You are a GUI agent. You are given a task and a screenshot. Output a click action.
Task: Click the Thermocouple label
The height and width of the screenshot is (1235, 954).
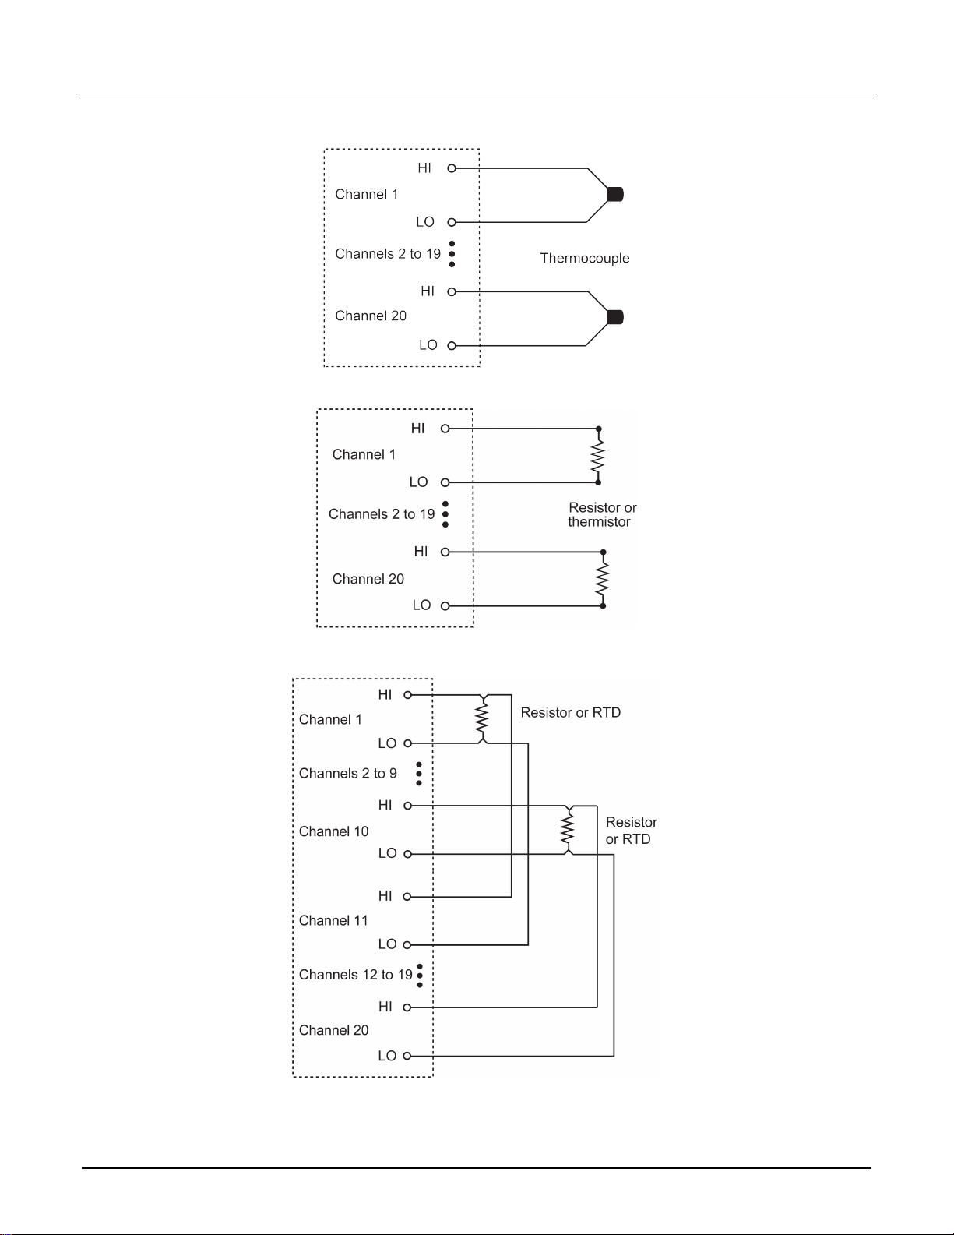(x=585, y=258)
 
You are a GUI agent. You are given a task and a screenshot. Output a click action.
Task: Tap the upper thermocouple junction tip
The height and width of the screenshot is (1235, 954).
(x=615, y=195)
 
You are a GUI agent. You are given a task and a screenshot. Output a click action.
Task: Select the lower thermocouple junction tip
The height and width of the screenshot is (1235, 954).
(x=615, y=317)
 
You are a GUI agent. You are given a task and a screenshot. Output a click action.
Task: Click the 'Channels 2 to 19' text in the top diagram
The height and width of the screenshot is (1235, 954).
(x=388, y=254)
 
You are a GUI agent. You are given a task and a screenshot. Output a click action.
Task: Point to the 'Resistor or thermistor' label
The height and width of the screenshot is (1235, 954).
(x=601, y=515)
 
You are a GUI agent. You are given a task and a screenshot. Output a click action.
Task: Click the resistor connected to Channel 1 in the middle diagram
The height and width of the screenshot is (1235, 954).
(x=597, y=456)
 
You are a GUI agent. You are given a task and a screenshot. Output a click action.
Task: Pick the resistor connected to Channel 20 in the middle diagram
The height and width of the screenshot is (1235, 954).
(x=602, y=579)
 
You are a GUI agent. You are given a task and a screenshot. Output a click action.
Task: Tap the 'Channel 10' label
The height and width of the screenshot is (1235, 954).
(x=334, y=831)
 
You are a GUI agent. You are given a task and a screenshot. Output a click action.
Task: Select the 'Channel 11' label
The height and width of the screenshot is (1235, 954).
(x=333, y=920)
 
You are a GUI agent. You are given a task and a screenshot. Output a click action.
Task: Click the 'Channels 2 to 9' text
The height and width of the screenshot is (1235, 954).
(x=348, y=773)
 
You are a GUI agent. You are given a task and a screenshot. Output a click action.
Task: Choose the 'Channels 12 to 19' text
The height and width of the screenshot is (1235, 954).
(x=356, y=975)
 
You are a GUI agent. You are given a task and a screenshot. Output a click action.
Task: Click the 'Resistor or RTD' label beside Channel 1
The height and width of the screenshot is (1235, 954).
(x=571, y=712)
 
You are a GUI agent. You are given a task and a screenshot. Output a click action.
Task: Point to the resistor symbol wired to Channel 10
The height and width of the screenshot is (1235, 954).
(x=568, y=830)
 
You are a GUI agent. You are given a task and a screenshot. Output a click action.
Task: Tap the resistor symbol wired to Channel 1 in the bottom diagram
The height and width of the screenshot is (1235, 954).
(x=481, y=719)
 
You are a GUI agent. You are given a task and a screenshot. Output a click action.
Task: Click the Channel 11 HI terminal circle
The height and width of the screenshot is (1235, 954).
(x=407, y=897)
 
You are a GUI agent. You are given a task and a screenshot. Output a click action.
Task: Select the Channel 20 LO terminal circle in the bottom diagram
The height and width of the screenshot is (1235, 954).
(x=407, y=1056)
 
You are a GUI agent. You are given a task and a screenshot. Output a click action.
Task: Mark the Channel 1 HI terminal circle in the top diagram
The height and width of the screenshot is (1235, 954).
(x=452, y=168)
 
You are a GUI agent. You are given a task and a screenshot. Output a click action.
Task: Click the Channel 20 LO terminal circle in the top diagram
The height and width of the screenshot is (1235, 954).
(x=452, y=345)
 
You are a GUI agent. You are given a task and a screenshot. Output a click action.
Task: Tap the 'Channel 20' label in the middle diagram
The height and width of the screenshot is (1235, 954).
(x=368, y=579)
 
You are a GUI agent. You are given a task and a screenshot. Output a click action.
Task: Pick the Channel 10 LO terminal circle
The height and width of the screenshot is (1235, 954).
(x=407, y=854)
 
